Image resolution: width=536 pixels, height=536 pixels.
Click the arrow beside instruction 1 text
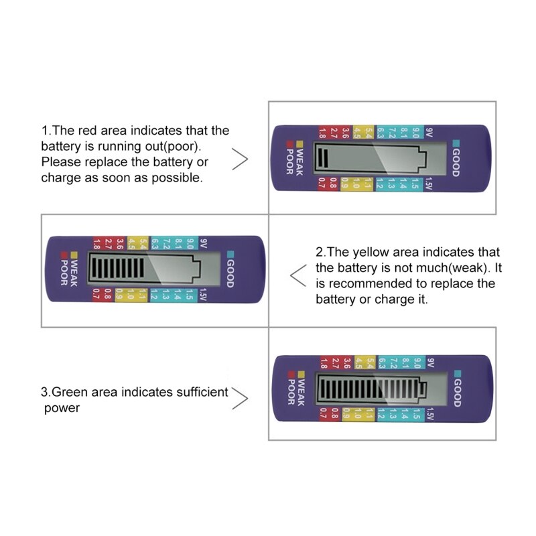(x=240, y=160)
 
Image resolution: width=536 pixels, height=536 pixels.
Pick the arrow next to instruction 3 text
(x=240, y=399)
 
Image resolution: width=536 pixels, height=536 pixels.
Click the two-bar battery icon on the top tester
(x=373, y=158)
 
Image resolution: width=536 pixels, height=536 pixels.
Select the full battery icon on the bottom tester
(x=372, y=389)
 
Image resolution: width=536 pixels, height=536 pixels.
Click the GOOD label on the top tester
(x=456, y=161)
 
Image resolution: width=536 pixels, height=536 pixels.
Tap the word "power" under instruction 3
(x=62, y=408)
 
